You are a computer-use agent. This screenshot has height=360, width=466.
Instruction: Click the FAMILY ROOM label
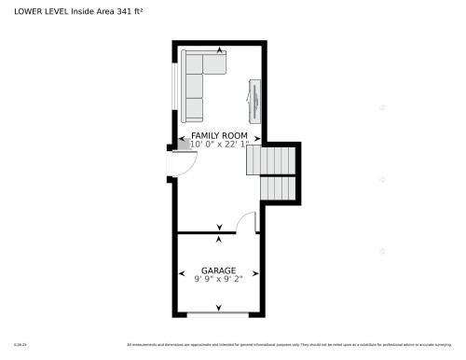pyautogui.click(x=219, y=135)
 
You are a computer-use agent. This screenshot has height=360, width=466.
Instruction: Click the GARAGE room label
pyautogui.click(x=219, y=271)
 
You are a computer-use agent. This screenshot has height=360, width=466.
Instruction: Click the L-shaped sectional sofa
pyautogui.click(x=199, y=79)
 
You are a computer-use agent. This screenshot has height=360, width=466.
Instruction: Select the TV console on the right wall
pyautogui.click(x=254, y=100)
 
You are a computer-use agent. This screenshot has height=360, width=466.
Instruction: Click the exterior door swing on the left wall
pyautogui.click(x=183, y=163)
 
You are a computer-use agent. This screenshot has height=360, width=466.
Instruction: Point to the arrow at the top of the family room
pyautogui.click(x=220, y=49)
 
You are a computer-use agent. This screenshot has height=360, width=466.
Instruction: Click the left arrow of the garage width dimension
pyautogui.click(x=181, y=271)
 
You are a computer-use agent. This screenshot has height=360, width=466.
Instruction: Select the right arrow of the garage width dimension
pyautogui.click(x=258, y=271)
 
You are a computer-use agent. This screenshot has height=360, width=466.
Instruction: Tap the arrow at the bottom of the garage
pyautogui.click(x=219, y=309)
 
